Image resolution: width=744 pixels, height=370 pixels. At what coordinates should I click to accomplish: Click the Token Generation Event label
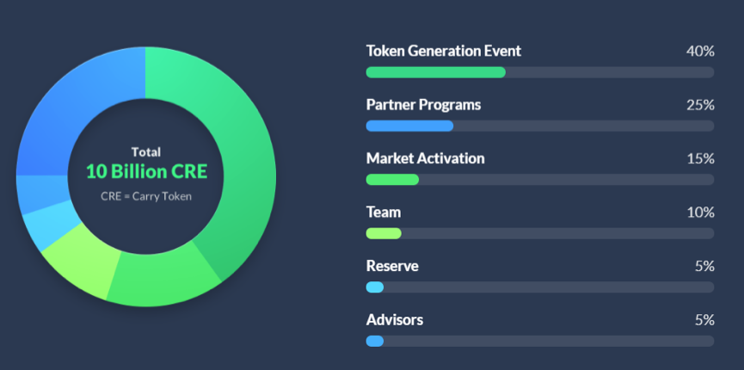coord(444,51)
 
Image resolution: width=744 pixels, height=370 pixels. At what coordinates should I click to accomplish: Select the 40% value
coord(700,51)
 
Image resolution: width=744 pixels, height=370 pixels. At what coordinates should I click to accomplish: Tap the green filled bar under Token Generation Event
coord(435,72)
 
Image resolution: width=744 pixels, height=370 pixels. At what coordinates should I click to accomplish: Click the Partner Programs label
coord(423,104)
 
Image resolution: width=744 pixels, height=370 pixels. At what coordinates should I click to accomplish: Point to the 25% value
coord(700,104)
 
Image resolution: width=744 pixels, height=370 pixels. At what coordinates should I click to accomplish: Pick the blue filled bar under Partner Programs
coord(409,126)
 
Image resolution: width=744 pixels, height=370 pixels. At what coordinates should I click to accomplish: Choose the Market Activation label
coord(425,158)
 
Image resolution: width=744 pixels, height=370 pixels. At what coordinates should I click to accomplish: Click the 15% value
coord(701,158)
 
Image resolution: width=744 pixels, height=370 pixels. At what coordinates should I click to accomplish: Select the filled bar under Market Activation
coord(392,180)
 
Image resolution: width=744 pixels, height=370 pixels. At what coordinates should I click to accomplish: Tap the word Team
coord(384,212)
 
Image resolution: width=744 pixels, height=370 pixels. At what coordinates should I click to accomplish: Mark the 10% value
coord(701,212)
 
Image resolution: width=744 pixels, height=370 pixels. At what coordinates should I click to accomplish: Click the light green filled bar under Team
coord(384,233)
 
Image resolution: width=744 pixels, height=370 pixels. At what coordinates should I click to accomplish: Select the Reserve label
coord(392,266)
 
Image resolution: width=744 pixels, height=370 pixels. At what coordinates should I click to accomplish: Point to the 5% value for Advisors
coord(704,319)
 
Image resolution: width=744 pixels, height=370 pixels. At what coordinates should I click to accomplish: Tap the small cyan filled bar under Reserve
coord(375,287)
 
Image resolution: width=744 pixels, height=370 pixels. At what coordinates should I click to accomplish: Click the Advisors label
coord(394,319)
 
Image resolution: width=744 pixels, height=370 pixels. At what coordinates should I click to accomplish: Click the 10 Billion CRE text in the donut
coord(146,172)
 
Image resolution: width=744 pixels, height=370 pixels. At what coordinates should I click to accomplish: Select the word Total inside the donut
coord(146,152)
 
